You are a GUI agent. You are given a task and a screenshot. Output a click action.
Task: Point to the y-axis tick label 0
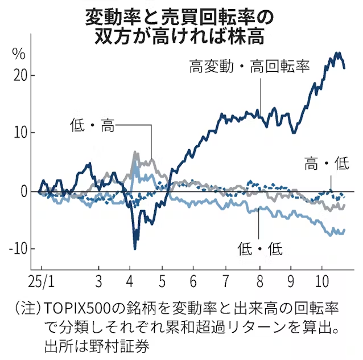coord(23,191)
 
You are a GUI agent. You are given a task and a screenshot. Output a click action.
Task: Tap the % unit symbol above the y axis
coord(19,55)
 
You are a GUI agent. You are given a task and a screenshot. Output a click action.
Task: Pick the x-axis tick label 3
coord(98,281)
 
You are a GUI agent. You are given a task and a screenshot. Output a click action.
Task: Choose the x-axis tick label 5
coord(162,281)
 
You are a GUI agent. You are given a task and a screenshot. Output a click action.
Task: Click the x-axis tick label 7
coord(226,281)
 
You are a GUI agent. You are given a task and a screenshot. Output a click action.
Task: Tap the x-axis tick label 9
coord(291,281)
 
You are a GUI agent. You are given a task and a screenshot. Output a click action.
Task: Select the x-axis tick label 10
coord(322,281)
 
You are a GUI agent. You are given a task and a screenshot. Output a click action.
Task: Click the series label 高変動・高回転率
coord(250,67)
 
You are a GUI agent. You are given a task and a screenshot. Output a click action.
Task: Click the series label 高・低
coord(327,165)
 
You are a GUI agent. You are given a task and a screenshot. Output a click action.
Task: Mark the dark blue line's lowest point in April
coord(135,248)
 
